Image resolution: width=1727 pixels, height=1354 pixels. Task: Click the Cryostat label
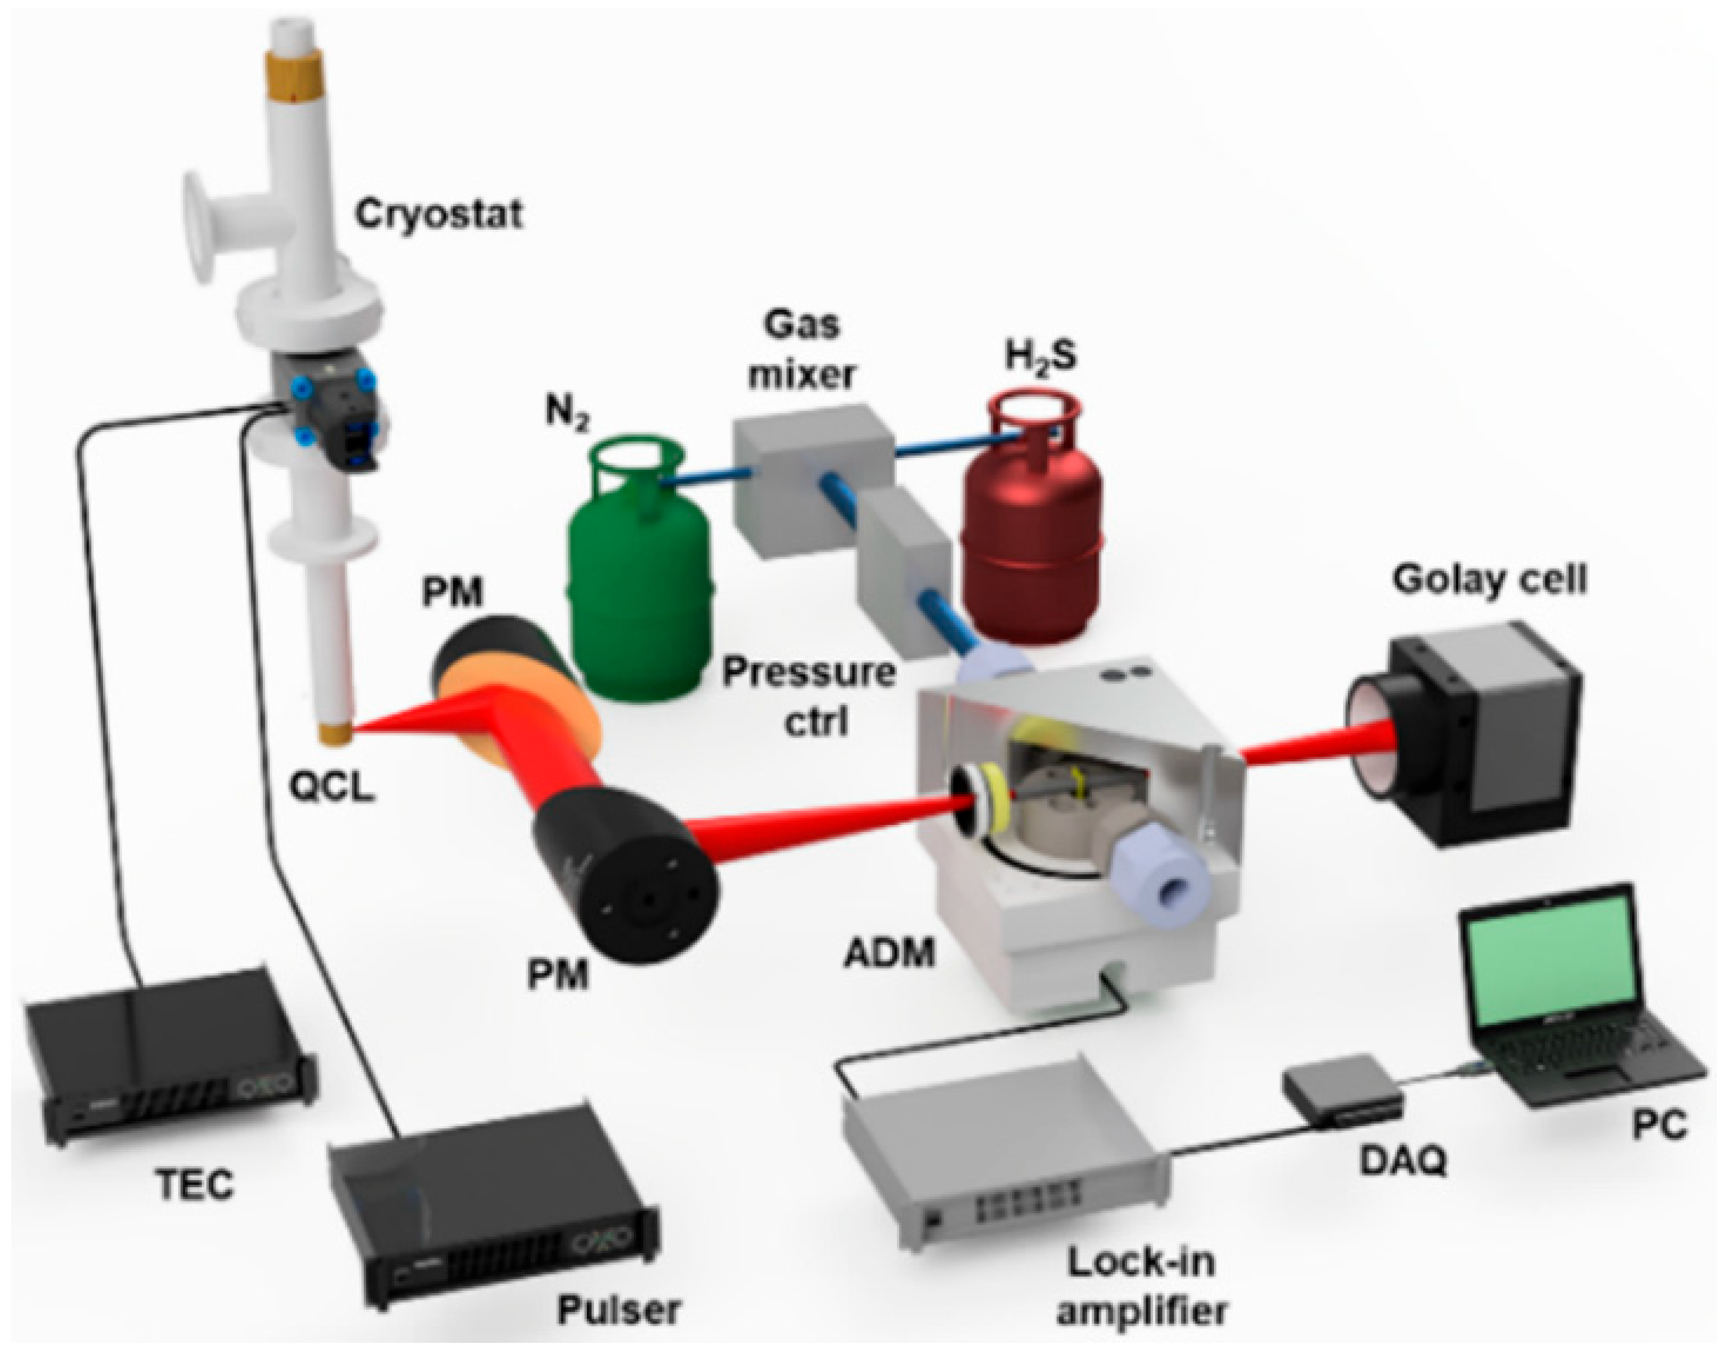438,214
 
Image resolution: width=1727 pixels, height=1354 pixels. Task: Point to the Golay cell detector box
1466,737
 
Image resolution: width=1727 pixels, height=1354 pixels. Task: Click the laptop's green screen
1550,971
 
